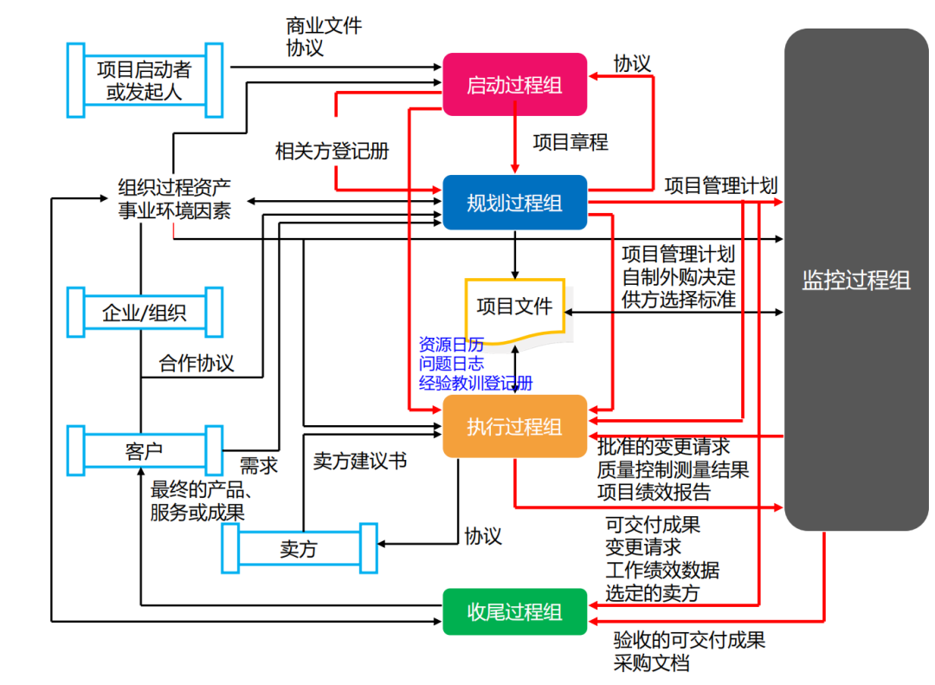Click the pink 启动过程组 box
(x=514, y=85)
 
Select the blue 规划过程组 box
(x=514, y=203)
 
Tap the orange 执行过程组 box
(x=514, y=426)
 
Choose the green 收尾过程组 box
(x=514, y=611)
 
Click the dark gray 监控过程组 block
(x=855, y=280)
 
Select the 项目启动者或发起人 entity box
(x=145, y=80)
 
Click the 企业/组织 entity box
(x=145, y=312)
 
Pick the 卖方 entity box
(x=299, y=548)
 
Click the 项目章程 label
(x=571, y=142)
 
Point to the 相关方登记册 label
(x=332, y=151)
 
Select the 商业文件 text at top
(x=324, y=26)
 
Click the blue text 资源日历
(x=451, y=343)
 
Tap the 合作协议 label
(x=197, y=362)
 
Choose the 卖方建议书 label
(x=360, y=461)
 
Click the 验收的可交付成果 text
(x=689, y=641)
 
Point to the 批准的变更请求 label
(x=664, y=447)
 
